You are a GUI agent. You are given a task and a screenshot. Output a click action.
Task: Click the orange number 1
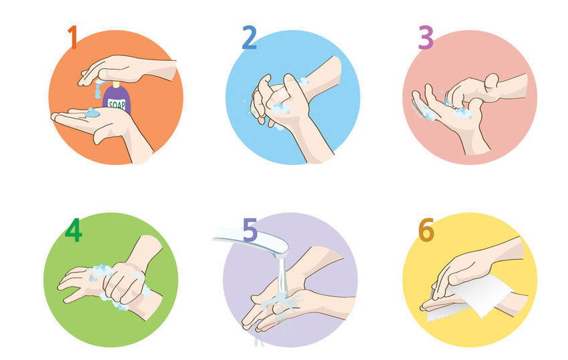(x=73, y=37)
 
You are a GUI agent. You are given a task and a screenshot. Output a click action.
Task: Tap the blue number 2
(x=249, y=37)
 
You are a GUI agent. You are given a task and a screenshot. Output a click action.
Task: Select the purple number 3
(x=426, y=37)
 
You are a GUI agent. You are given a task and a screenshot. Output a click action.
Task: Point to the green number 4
(x=73, y=230)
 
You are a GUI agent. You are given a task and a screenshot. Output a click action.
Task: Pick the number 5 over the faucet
(x=250, y=230)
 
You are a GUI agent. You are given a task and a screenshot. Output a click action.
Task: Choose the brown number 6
(x=427, y=230)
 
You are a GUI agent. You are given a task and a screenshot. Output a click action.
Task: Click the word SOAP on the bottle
(x=117, y=105)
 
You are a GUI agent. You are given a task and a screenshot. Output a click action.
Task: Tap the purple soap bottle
(x=117, y=99)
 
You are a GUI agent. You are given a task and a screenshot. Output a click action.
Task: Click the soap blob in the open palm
(x=92, y=113)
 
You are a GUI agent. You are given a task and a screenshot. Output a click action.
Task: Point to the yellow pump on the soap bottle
(x=116, y=84)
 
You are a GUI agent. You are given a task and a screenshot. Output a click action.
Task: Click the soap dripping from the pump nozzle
(x=98, y=89)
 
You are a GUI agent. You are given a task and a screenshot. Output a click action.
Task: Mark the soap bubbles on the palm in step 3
(x=463, y=114)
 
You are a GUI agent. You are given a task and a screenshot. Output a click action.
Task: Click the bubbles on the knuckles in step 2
(x=280, y=108)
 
